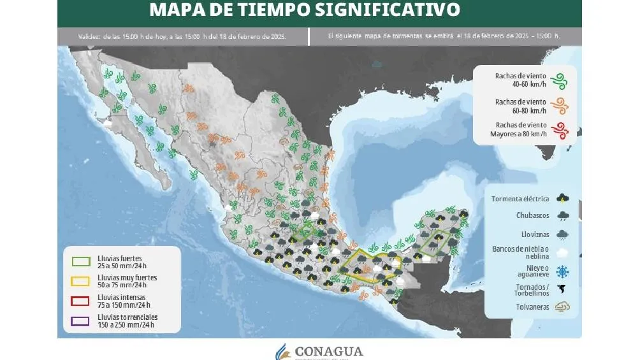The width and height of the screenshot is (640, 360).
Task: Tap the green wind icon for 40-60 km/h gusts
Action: [x=559, y=80]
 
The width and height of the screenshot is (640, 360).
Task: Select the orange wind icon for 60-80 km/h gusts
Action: [x=559, y=105]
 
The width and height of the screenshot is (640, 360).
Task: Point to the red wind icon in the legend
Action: [x=559, y=131]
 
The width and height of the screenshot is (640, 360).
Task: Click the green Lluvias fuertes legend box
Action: [x=81, y=261]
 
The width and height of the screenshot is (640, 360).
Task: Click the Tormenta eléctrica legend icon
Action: [x=562, y=199]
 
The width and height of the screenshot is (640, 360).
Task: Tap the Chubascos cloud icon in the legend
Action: [x=562, y=216]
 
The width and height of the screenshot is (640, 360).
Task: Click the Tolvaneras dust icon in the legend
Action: [x=562, y=307]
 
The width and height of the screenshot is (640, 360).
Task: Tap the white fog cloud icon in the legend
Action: [x=562, y=252]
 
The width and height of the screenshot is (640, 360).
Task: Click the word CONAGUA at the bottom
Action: [x=329, y=351]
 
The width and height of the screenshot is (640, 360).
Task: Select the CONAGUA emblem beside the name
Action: [x=282, y=351]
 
